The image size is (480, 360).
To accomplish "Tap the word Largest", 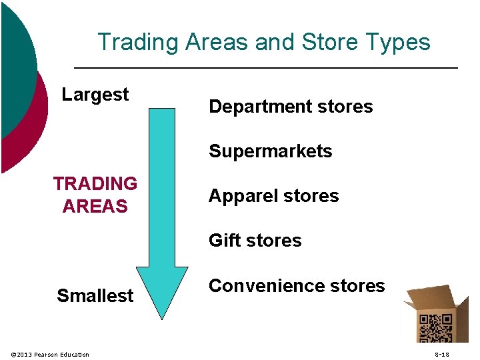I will (95, 95).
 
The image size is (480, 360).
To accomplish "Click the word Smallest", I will (95, 295).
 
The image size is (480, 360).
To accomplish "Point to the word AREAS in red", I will (95, 207).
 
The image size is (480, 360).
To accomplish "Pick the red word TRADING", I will (95, 184).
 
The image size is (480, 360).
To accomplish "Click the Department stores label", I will (291, 107).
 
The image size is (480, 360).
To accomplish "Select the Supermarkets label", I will (270, 151).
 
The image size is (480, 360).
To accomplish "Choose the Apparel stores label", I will (273, 196).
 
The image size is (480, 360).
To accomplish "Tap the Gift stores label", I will (255, 241).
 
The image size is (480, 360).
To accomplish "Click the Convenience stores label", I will (297, 286).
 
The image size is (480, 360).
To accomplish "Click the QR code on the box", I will (434, 328).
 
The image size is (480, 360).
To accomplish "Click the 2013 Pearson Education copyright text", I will (51, 354).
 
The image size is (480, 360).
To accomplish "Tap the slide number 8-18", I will (441, 354).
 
